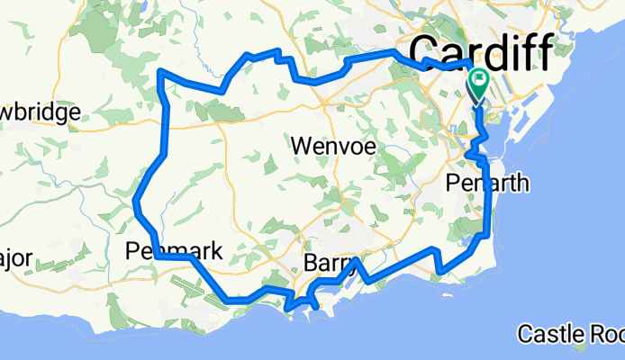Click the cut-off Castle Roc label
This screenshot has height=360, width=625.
pos(569,335)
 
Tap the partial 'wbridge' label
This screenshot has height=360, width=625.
pos(41,112)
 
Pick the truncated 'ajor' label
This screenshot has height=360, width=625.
pos(16,259)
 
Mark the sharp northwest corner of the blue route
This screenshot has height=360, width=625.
pos(159,71)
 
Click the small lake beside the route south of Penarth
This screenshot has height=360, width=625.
pos(475,241)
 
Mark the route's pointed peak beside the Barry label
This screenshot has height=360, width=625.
pos(358,260)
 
